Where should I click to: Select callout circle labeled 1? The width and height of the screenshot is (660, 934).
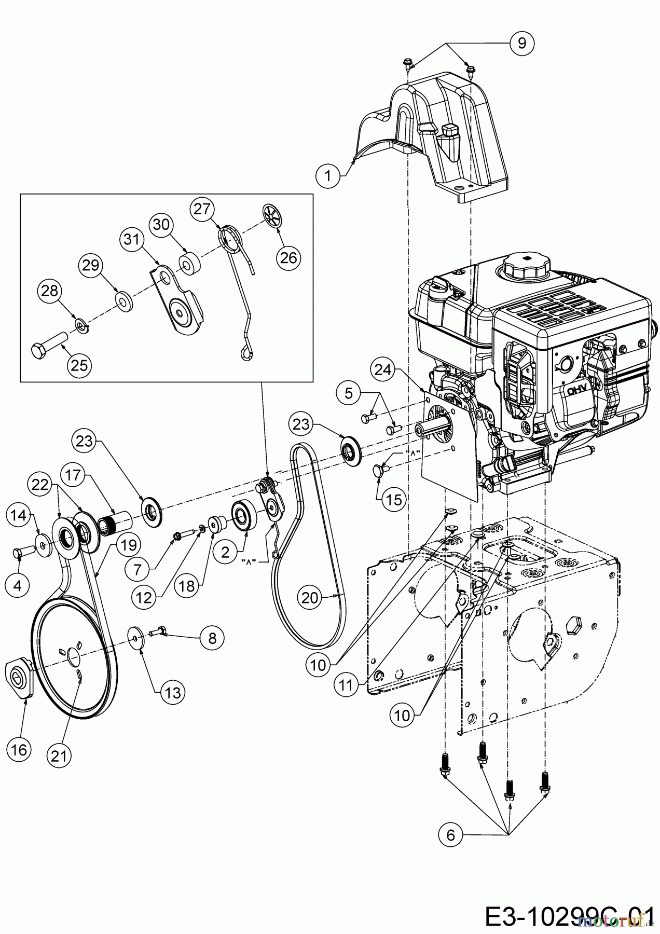pyautogui.click(x=327, y=175)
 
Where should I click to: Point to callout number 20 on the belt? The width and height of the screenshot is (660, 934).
pyautogui.click(x=310, y=598)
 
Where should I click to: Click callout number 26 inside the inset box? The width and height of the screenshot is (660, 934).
pyautogui.click(x=288, y=257)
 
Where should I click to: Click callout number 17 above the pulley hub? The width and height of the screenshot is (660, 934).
pyautogui.click(x=73, y=475)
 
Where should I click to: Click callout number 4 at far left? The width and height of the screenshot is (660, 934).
pyautogui.click(x=18, y=585)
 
